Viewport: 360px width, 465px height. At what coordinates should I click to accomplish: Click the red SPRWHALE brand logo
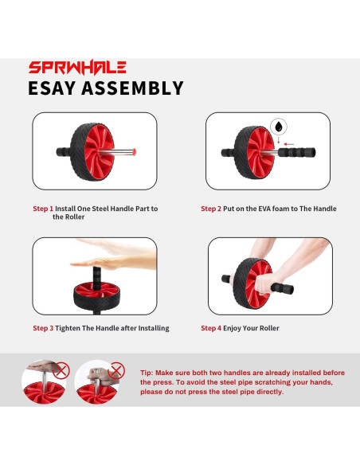(x=77, y=68)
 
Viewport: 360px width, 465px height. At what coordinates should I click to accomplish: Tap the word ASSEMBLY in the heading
(x=132, y=88)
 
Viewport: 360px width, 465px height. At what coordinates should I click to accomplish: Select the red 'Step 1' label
(x=43, y=209)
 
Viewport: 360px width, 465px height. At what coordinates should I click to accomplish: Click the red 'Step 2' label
(x=211, y=209)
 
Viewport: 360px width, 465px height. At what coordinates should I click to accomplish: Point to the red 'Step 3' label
(x=43, y=328)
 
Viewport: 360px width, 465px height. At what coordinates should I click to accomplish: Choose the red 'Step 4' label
(x=211, y=328)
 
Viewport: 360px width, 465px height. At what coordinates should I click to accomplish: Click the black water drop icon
(x=279, y=127)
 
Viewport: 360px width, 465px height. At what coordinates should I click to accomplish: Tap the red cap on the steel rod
(x=135, y=152)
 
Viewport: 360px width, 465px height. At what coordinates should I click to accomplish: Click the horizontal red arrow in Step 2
(x=288, y=144)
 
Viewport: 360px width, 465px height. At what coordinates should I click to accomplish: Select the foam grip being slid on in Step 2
(x=296, y=152)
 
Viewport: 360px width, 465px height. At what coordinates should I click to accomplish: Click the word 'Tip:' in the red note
(x=147, y=373)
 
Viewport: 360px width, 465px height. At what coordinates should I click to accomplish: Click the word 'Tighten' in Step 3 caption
(x=68, y=328)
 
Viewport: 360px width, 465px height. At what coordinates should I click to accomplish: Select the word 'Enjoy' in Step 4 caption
(x=233, y=328)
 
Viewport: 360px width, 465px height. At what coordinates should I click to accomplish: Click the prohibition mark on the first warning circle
(x=61, y=370)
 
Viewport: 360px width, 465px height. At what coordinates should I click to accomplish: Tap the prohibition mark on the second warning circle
(x=117, y=370)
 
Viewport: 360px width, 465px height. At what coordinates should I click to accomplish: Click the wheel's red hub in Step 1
(x=100, y=152)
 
